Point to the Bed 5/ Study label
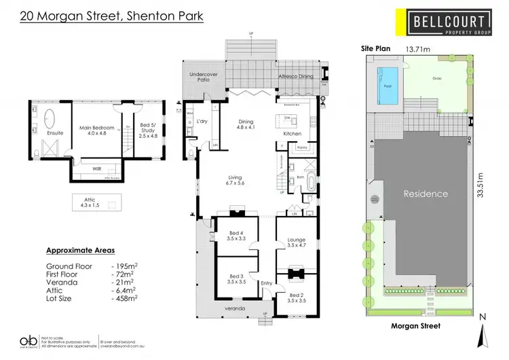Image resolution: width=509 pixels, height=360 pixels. pos(147,128)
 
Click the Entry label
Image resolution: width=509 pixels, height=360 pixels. pos(265,284)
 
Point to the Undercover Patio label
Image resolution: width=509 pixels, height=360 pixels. pos(202,77)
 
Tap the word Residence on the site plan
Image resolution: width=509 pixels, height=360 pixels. pos(426,194)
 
